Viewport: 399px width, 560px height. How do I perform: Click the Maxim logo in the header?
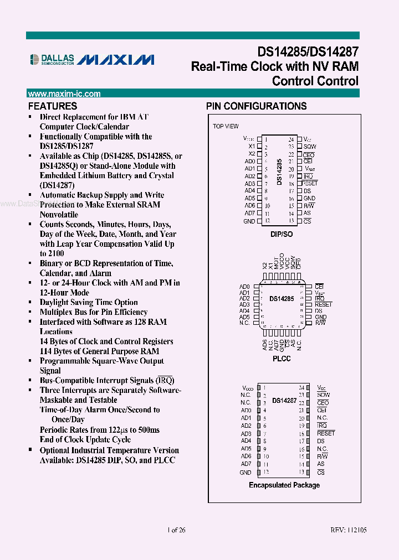pyautogui.click(x=115, y=59)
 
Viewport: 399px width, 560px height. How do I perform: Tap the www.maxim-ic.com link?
pyautogui.click(x=64, y=94)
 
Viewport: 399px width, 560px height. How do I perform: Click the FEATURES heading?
pyautogui.click(x=53, y=106)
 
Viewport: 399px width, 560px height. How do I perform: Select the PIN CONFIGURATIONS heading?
pyautogui.click(x=256, y=106)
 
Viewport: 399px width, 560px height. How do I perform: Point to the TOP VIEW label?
pyautogui.click(x=226, y=126)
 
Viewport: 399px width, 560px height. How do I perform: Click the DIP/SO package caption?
pyautogui.click(x=282, y=234)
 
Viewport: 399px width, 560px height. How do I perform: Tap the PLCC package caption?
pyautogui.click(x=282, y=359)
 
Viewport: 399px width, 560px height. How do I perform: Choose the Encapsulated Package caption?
pyautogui.click(x=284, y=485)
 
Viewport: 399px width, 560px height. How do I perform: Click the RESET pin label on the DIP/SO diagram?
pyautogui.click(x=310, y=183)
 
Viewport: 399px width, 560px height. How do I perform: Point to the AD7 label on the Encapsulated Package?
pyautogui.click(x=246, y=464)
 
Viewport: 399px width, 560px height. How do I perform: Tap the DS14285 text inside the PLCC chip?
pyautogui.click(x=282, y=299)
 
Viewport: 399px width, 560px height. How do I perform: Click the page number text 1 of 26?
pyautogui.click(x=176, y=530)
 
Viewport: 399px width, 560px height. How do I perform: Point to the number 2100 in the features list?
pyautogui.click(x=48, y=253)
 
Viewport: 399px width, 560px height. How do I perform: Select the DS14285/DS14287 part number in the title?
pyautogui.click(x=308, y=52)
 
